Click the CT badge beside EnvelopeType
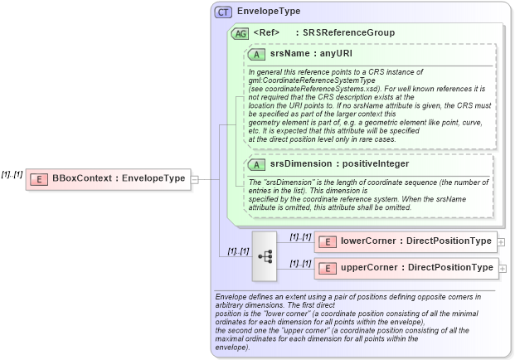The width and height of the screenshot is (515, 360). (223, 12)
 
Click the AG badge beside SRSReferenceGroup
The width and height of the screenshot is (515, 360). (240, 33)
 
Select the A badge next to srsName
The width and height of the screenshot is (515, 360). (257, 53)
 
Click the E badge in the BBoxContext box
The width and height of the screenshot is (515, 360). (37, 178)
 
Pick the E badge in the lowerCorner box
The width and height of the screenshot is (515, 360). (327, 241)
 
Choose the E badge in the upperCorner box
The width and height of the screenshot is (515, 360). (327, 268)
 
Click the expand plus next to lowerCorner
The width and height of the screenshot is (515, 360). (503, 242)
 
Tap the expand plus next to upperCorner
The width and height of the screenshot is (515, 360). (503, 269)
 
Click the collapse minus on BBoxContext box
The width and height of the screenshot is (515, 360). (194, 178)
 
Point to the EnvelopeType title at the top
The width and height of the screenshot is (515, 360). (269, 12)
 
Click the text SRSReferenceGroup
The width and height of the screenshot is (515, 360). (348, 33)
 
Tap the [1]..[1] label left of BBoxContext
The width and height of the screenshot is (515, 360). (12, 174)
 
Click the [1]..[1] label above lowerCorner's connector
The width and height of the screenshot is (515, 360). (300, 236)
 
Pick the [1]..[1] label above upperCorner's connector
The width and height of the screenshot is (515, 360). (300, 264)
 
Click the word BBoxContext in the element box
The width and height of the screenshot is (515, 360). (82, 178)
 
